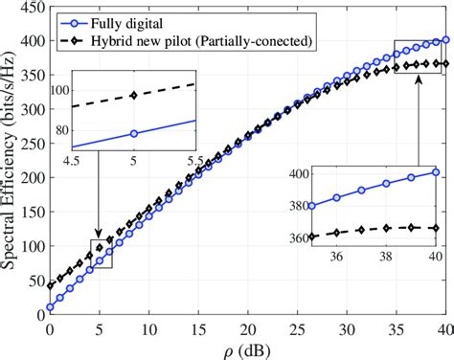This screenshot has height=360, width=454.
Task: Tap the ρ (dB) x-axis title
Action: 249,349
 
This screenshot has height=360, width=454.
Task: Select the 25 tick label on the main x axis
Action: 298,329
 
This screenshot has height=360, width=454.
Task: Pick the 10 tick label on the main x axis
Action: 148,329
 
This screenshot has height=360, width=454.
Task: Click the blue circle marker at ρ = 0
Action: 50,307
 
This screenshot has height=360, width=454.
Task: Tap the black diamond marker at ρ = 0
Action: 50,285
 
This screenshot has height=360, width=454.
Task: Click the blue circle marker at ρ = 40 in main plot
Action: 446,40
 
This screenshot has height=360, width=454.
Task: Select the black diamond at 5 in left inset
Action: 133,95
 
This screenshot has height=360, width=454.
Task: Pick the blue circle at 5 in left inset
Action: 133,133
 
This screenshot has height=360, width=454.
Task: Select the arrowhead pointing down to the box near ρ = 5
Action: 99,236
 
